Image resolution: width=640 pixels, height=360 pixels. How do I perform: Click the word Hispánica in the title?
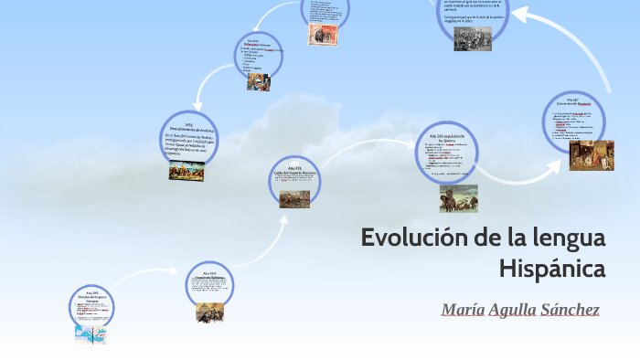point(553,270)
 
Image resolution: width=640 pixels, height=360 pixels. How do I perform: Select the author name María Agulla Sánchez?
point(520,310)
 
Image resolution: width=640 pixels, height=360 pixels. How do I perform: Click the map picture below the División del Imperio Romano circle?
point(91,334)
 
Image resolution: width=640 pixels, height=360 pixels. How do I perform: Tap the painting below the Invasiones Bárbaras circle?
point(209,312)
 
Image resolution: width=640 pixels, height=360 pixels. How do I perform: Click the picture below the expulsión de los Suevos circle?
point(458,197)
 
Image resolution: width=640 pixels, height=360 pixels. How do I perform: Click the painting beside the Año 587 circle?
point(592,155)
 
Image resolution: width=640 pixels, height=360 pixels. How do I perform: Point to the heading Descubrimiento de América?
point(187,129)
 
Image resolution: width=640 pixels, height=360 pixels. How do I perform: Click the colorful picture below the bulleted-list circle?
point(258,80)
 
